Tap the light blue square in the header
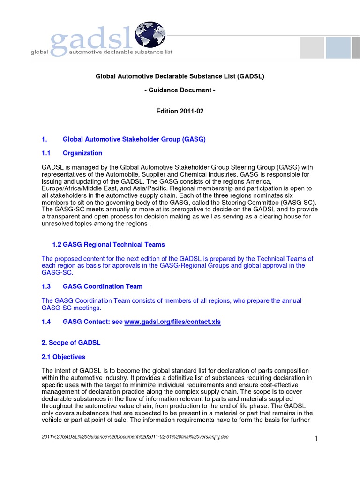tap(338, 48)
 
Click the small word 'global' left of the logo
tap(39, 52)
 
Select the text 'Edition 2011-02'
tap(180, 111)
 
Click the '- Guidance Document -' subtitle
tap(180, 90)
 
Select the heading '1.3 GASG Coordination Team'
tap(92, 286)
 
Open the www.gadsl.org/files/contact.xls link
tap(172, 322)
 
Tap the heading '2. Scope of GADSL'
tap(71, 342)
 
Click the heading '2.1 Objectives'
tap(63, 357)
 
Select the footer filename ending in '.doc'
tap(135, 436)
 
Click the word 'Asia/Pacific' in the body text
tap(156, 188)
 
